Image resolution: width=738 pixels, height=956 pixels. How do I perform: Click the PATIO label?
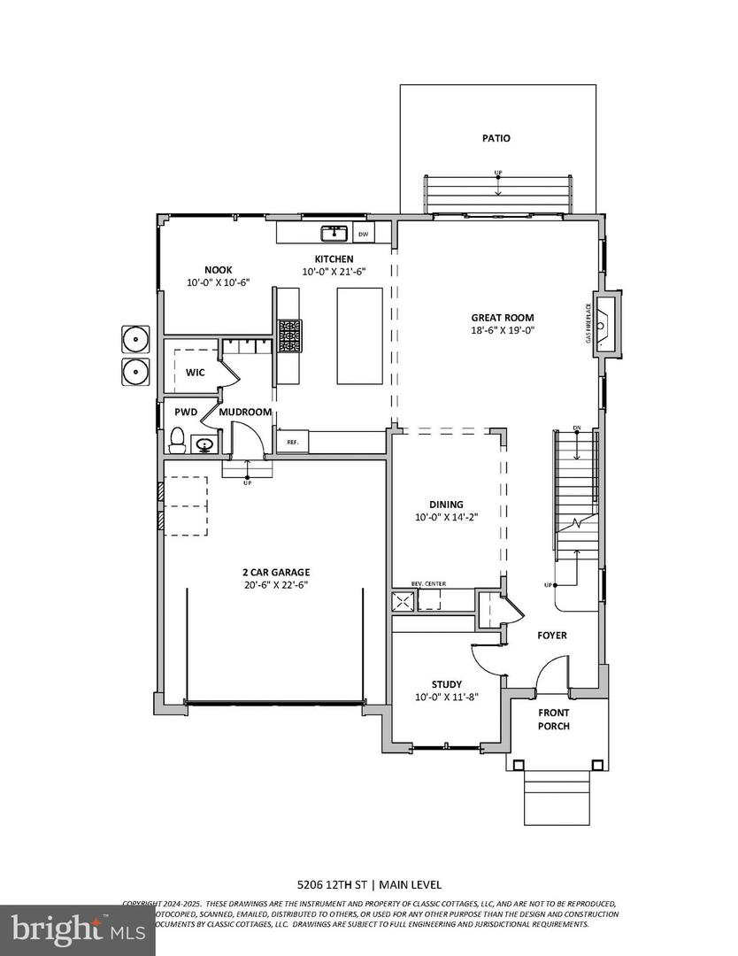(x=496, y=138)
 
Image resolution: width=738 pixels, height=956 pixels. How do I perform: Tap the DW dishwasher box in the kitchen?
(x=363, y=235)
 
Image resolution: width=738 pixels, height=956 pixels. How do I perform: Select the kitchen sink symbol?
(x=334, y=234)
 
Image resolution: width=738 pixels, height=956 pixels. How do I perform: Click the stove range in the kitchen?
(x=289, y=336)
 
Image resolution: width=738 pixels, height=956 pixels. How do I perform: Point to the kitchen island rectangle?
(x=359, y=336)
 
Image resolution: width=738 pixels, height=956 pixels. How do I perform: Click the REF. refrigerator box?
(x=292, y=441)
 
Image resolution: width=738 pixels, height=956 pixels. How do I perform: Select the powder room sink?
(x=204, y=444)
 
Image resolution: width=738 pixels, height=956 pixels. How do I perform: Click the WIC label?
(x=195, y=373)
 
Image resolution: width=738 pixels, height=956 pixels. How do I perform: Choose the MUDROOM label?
(x=245, y=412)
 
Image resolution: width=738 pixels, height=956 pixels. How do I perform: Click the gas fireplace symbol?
(x=605, y=325)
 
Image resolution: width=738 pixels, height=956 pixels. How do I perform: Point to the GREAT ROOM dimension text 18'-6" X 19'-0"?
(x=503, y=330)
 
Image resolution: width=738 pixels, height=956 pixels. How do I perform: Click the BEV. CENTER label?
(x=427, y=584)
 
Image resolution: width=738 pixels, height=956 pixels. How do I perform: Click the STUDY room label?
(x=447, y=684)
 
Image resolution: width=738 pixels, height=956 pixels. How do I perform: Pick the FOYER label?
(x=552, y=636)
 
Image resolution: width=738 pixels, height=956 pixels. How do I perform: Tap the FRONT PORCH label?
(x=553, y=719)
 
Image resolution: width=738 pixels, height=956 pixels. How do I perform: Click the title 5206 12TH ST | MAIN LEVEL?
(x=368, y=884)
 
